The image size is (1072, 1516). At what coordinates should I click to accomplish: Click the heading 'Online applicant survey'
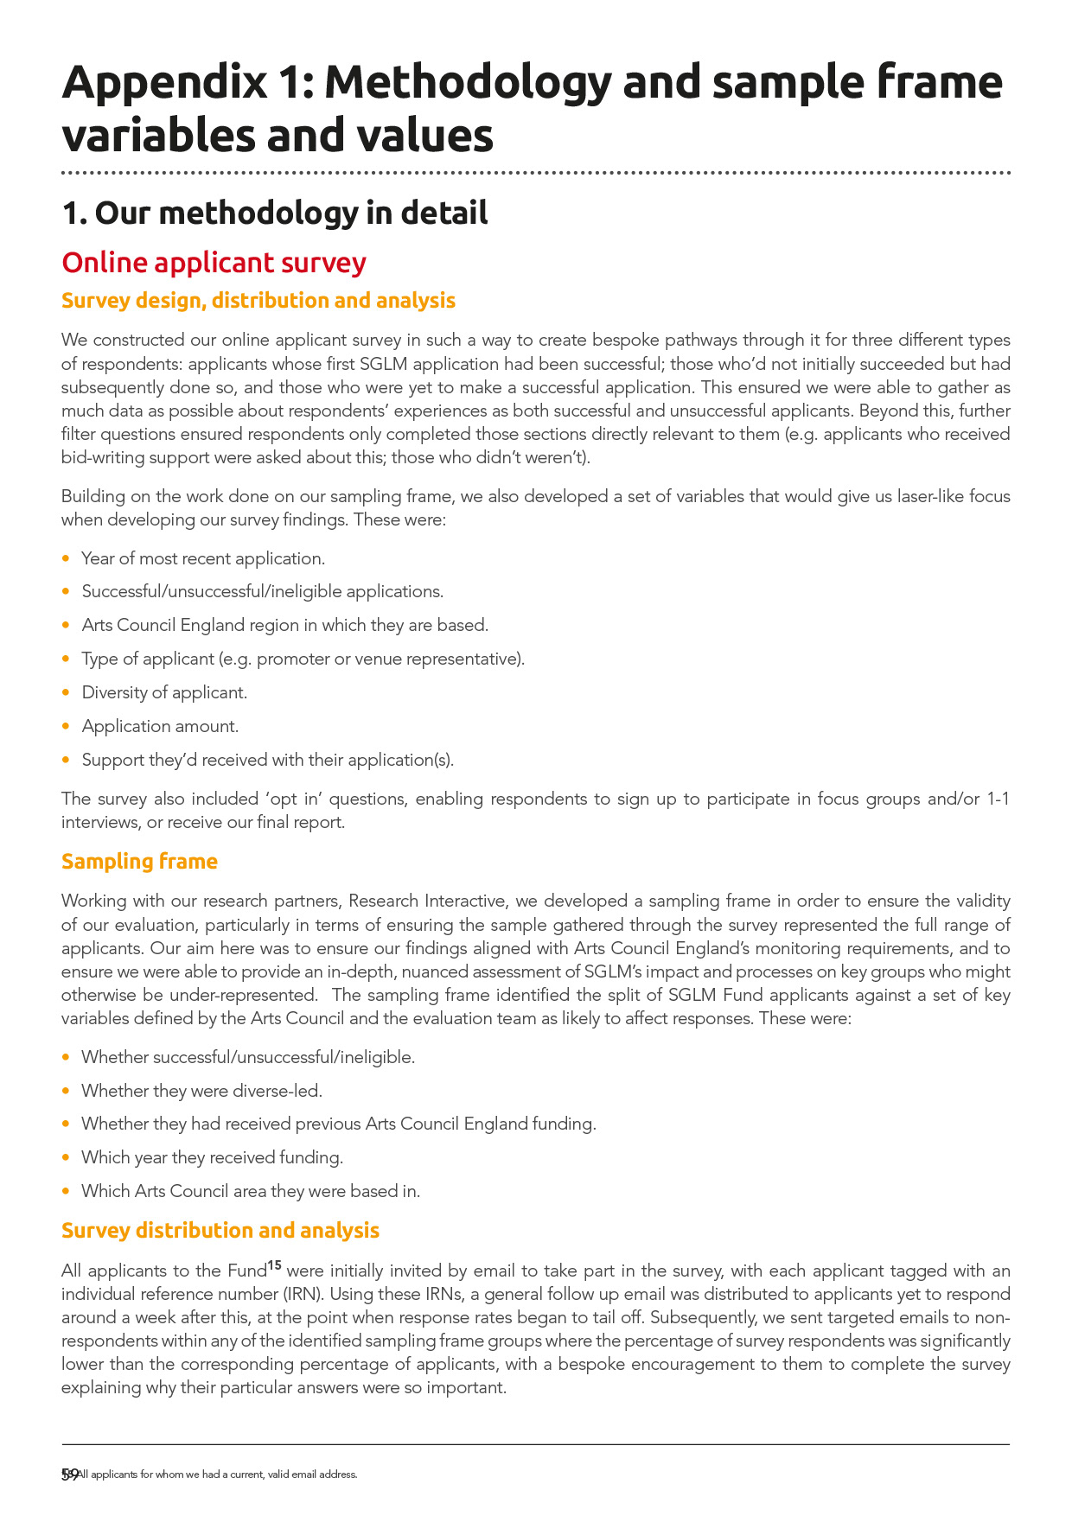click(x=214, y=263)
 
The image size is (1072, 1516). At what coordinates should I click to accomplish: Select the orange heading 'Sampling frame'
click(x=139, y=861)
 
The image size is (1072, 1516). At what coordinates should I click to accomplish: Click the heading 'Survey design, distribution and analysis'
click(x=258, y=300)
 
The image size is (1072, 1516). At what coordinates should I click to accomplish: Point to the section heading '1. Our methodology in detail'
click(x=274, y=213)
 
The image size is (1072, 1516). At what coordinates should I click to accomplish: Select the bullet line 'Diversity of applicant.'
click(x=164, y=692)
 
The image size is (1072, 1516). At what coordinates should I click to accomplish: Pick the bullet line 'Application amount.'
click(x=160, y=726)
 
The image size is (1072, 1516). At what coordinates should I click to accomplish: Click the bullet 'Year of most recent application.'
click(x=203, y=558)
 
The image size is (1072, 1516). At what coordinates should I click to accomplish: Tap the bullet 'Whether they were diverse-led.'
click(x=201, y=1091)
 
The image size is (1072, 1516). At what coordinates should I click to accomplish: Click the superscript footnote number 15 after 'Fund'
click(x=274, y=1266)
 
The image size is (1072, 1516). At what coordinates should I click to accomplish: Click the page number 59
click(x=70, y=1475)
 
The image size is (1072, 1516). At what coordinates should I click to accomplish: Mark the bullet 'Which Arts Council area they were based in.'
click(x=251, y=1191)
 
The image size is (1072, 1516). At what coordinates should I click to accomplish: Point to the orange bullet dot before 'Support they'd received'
click(x=67, y=760)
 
